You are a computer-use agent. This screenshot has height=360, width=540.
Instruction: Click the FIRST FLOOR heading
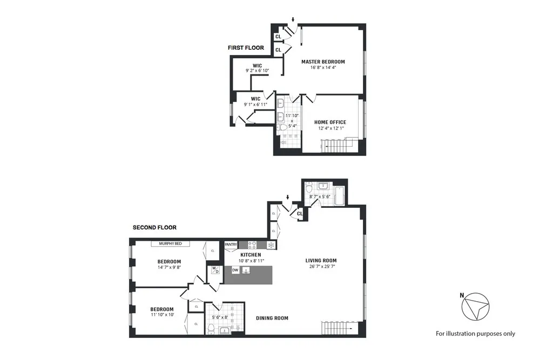tap(246, 48)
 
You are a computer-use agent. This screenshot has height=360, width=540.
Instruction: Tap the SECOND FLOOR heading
tap(154, 228)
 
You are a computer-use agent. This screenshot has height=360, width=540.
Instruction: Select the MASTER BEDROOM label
tap(323, 62)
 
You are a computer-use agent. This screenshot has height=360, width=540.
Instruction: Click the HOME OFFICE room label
tap(330, 123)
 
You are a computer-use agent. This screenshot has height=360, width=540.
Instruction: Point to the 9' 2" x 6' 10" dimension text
tap(257, 71)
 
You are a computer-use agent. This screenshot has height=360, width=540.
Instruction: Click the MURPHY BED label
tap(174, 244)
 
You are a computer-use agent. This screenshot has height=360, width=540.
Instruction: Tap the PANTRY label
tap(231, 244)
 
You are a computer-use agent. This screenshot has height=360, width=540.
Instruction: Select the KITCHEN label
tap(251, 255)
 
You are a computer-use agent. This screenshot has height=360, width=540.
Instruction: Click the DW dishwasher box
tap(235, 270)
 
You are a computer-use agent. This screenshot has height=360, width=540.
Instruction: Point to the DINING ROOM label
tap(272, 318)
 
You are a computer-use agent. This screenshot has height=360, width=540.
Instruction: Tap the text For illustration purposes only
tap(475, 334)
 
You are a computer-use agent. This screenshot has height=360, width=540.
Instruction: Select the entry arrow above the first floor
tap(293, 20)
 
